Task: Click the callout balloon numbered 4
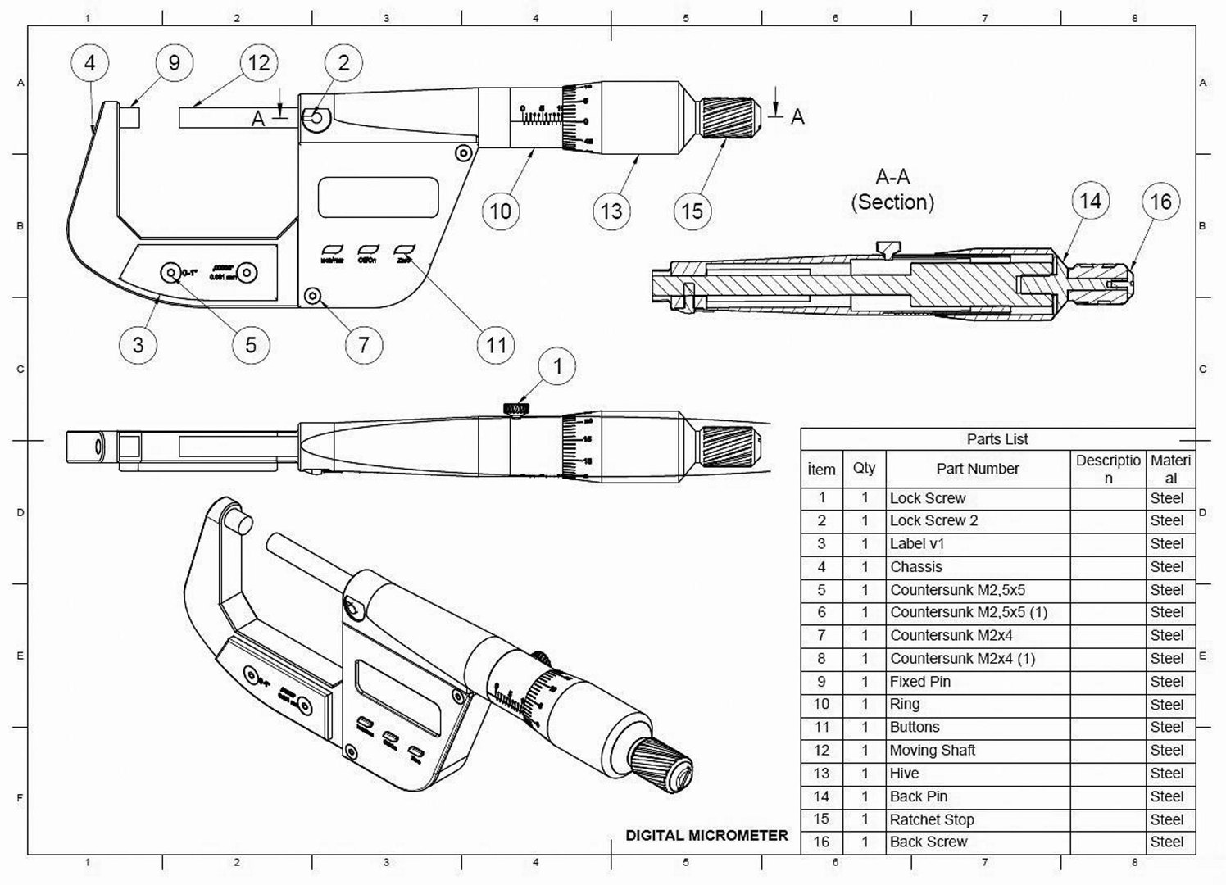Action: (90, 63)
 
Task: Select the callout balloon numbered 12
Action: (259, 63)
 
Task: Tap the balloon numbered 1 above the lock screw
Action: (558, 366)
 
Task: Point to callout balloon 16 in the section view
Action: (1160, 202)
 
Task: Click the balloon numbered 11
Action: (496, 344)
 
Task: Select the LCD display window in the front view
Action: (378, 197)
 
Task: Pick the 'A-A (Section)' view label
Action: (892, 189)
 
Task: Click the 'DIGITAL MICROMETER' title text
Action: (706, 836)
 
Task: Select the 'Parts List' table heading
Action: (997, 439)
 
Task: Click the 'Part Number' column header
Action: (977, 469)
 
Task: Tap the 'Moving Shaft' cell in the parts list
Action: (933, 751)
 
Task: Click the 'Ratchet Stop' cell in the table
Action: (932, 819)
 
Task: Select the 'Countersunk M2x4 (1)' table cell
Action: (962, 659)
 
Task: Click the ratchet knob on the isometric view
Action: (665, 765)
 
